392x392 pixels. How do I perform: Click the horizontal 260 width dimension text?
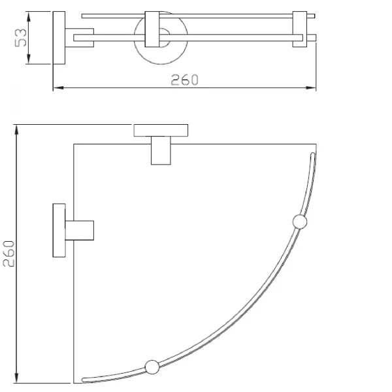click(185, 80)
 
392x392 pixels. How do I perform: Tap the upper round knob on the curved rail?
click(300, 222)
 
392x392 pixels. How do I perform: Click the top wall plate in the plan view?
click(160, 130)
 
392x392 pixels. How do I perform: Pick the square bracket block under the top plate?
click(161, 151)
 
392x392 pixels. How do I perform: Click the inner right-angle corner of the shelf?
click(74, 144)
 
